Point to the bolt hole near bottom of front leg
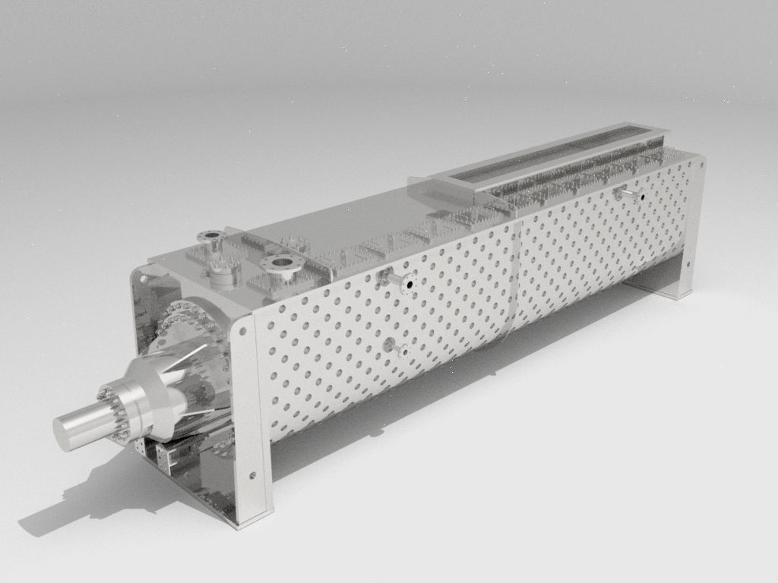point(253,477)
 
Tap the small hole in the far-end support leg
point(687,266)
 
